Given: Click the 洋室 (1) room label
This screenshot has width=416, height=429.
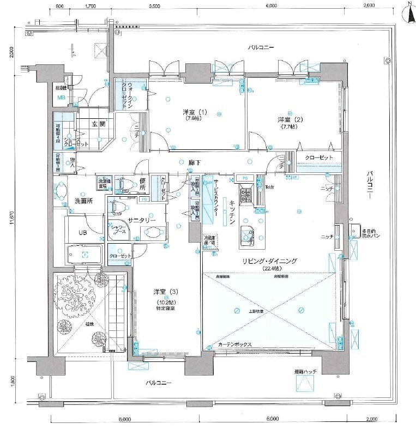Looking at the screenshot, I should coord(195,112).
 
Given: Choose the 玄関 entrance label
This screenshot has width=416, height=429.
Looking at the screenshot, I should coord(98,123).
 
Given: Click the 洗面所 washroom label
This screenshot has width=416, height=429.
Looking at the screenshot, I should coord(83,201).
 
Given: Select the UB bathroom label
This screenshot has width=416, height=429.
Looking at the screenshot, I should coord(82,232).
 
